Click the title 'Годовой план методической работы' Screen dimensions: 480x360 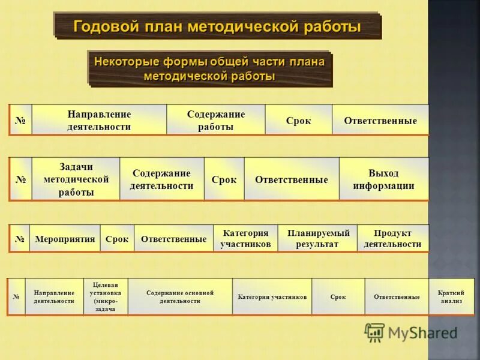coord(217,27)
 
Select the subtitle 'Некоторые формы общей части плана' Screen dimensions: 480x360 coord(209,62)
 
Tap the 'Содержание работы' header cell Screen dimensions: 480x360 coord(215,120)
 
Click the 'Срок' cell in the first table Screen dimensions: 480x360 coord(298,120)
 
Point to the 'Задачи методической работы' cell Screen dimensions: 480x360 coord(76,179)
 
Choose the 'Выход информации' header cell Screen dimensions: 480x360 coord(383,179)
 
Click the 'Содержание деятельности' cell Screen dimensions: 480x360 coord(161,179)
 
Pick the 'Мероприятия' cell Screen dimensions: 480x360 coord(65,239)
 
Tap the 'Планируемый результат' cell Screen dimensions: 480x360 coord(317,239)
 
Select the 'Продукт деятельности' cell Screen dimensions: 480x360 coord(392,239)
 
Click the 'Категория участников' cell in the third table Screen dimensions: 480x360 coord(245,239)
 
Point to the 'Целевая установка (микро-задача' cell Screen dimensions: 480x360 coord(105,297)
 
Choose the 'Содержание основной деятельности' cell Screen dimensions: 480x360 coord(180,297)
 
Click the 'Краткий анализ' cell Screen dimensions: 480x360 coord(451,297)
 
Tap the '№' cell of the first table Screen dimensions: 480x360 coord(20,120)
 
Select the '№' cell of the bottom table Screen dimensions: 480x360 coord(16,297)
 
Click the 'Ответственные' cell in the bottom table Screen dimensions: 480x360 coord(397,297)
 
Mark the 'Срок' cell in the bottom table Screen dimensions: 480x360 coord(338,297)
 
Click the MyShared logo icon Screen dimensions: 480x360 coord(374,332)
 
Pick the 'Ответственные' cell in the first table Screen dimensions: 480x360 coord(380,120)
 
